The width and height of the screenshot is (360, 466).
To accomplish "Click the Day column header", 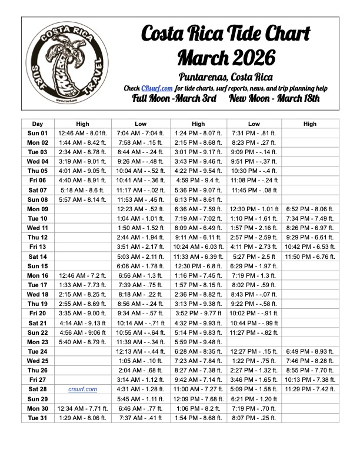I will (x=37, y=124).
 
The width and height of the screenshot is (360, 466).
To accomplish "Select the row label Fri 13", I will (x=37, y=247).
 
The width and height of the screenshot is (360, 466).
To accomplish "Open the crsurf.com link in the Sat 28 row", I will (x=82, y=389).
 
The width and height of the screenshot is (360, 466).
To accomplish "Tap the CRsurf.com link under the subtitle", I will (x=156, y=88).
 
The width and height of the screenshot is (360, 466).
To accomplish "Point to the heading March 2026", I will (x=226, y=58).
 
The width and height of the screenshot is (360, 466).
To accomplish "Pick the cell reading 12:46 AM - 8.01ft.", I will (x=82, y=133).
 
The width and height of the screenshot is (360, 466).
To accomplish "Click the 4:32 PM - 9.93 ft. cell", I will (x=198, y=322).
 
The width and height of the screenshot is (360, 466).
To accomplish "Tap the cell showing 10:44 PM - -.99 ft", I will (x=254, y=322).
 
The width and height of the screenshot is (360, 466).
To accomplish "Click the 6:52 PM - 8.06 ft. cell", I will (x=310, y=209).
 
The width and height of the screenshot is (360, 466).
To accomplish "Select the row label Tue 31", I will (x=37, y=417).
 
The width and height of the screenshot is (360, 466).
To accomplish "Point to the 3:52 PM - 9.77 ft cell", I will (x=198, y=313).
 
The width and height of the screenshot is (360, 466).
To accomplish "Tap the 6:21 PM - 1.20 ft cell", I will (x=254, y=398).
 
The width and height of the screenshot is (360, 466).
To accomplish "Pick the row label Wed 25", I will (x=37, y=360).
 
